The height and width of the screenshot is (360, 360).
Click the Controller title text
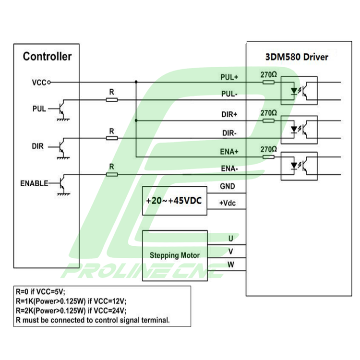(x=47, y=57)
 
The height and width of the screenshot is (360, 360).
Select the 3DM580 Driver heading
(x=297, y=57)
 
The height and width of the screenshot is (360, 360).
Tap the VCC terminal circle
(x=49, y=82)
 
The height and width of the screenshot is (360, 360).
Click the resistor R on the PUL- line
(x=111, y=100)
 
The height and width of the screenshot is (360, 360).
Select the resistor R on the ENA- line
(x=111, y=174)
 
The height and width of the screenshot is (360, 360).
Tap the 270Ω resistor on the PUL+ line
(x=268, y=82)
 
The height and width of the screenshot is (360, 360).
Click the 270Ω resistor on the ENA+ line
(x=268, y=156)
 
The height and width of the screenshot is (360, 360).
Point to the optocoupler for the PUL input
(x=299, y=90)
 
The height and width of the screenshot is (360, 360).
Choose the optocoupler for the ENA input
(x=299, y=166)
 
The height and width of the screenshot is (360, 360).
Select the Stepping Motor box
(x=175, y=255)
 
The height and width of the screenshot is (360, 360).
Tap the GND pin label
(x=227, y=186)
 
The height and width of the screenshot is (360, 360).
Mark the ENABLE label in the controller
(x=34, y=183)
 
